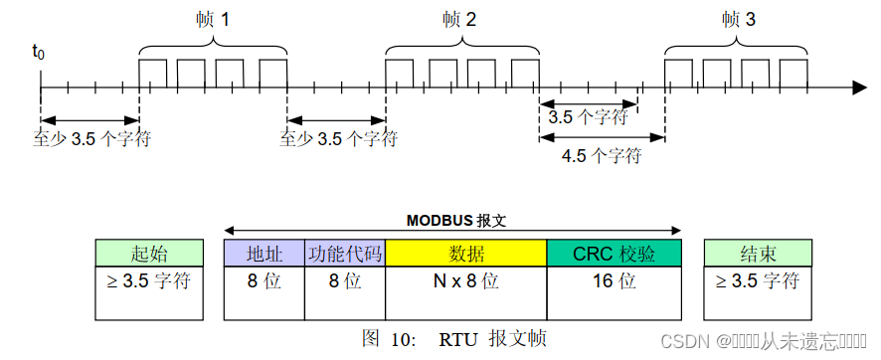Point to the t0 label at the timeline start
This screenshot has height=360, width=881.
(x=39, y=51)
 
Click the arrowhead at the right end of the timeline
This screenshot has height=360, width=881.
(x=858, y=89)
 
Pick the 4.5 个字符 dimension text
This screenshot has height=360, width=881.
(x=601, y=156)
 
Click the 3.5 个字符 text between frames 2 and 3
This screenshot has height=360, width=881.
(x=588, y=116)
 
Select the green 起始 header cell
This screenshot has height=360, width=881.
(x=149, y=253)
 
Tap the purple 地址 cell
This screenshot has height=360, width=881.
(x=264, y=253)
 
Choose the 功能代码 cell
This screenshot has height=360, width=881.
(x=344, y=253)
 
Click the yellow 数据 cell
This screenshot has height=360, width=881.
(x=465, y=253)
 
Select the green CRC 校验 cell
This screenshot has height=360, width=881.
(x=614, y=253)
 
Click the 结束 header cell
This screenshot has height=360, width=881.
(x=757, y=253)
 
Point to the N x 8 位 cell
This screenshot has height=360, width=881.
(x=465, y=280)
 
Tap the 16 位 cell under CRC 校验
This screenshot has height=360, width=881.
(x=614, y=280)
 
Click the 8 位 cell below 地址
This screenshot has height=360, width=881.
(x=264, y=280)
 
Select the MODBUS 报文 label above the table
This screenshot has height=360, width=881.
(x=453, y=220)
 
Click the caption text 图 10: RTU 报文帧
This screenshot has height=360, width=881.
(x=453, y=338)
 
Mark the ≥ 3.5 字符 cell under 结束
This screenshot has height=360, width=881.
(x=757, y=280)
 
